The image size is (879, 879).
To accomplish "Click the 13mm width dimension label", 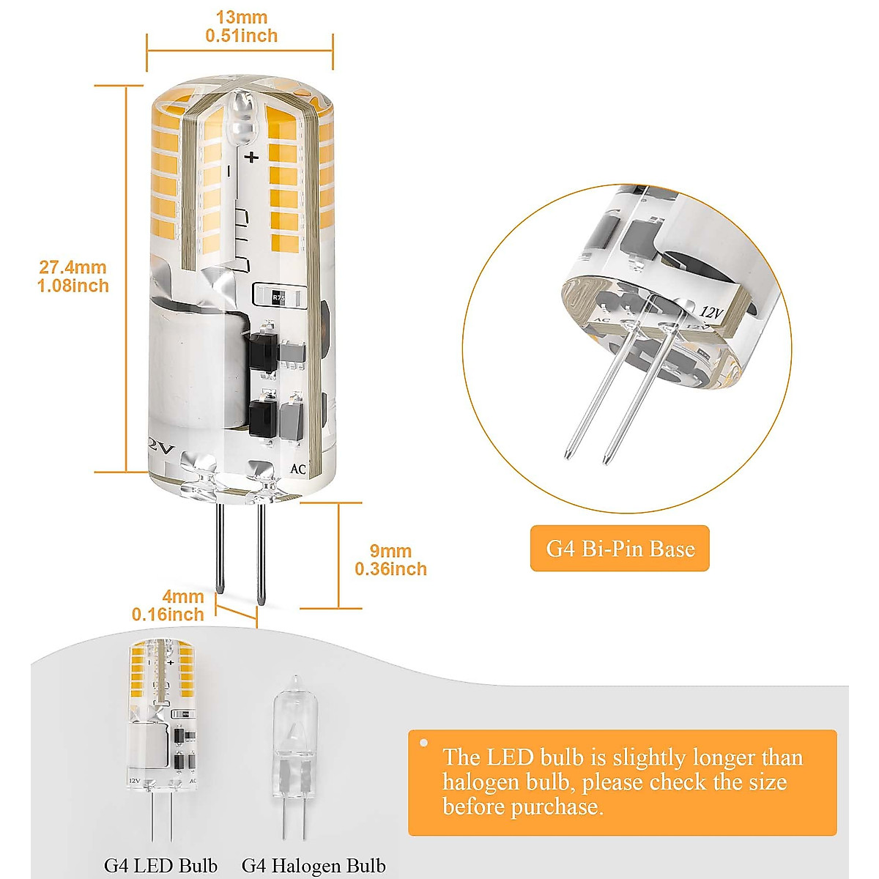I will coord(241,18).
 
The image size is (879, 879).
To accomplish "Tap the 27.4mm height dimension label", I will coord(73,268).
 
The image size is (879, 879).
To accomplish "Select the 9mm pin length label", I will coord(390,551).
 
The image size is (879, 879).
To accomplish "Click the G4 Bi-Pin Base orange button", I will coord(620,549).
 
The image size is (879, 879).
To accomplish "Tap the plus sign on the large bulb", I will coord(252,157).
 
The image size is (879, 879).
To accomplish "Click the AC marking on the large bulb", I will coord(297,469).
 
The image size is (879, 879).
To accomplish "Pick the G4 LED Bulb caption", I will coord(160,865).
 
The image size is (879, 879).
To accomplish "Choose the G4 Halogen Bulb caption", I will coord(314,866).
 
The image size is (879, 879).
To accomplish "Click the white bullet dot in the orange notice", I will coord(423,743).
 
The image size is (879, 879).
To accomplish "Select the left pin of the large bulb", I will coord(220,549).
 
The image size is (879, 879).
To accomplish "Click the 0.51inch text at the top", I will coord(241,36).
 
